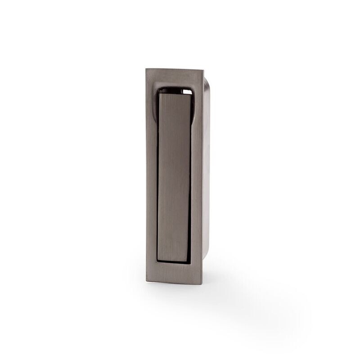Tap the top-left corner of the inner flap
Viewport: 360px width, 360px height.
point(157,90)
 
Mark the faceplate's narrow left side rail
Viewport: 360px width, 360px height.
point(149,180)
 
